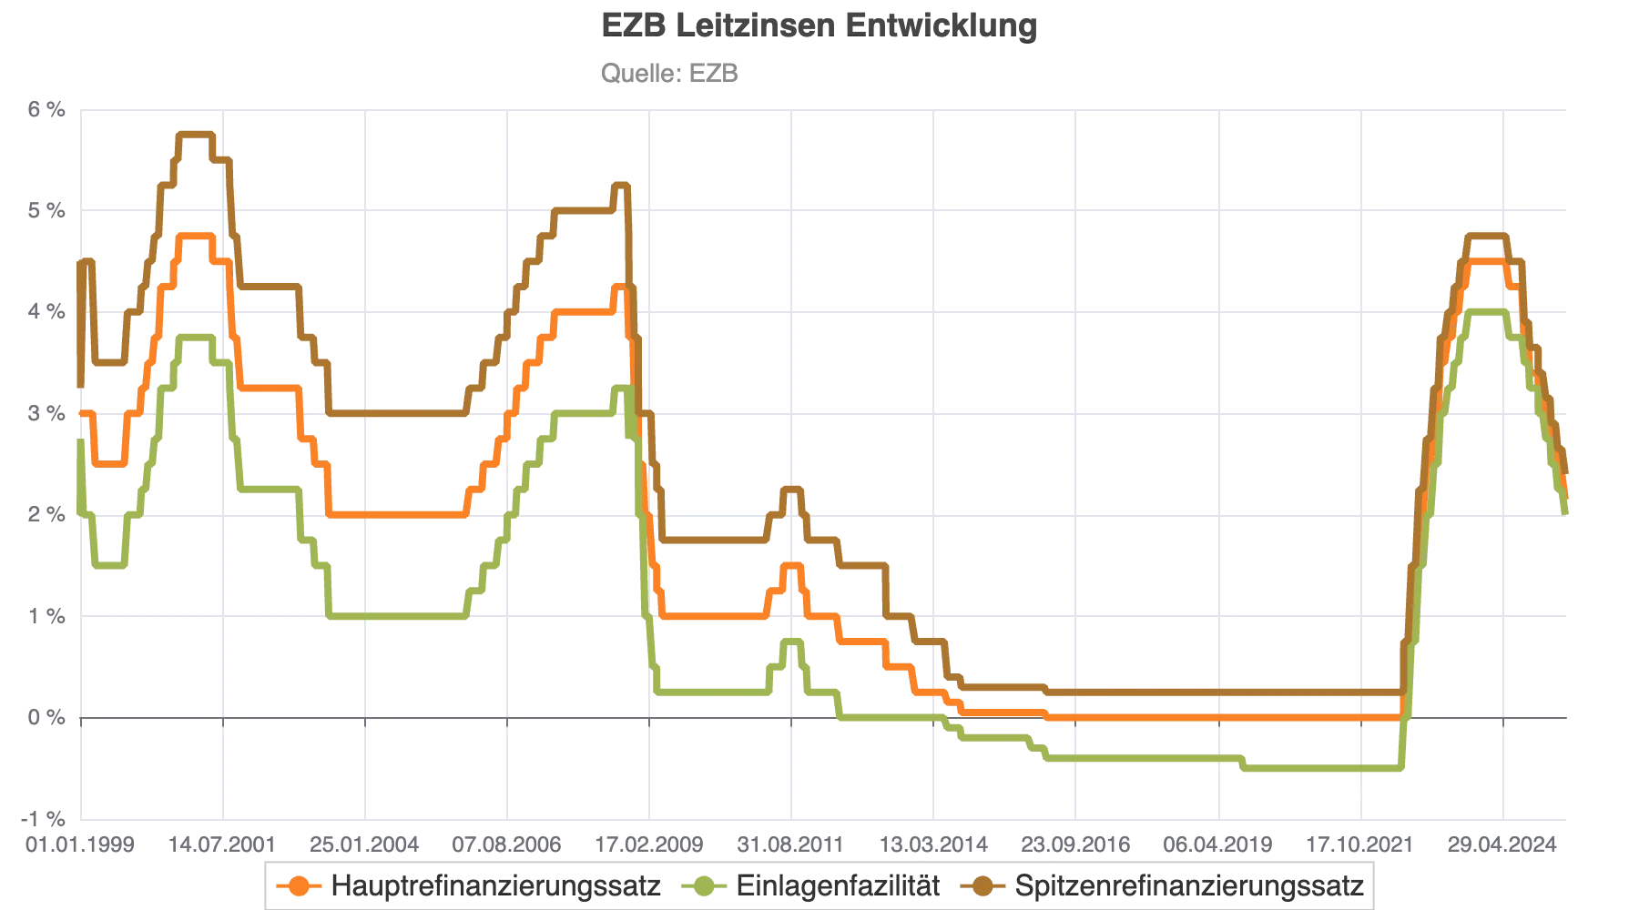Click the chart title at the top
tap(818, 25)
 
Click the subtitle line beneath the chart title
tap(670, 73)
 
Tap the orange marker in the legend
tap(298, 884)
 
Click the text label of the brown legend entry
tap(1189, 884)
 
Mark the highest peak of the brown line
tap(196, 133)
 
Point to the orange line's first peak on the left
tap(196, 236)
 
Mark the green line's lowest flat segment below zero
tap(1320, 770)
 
